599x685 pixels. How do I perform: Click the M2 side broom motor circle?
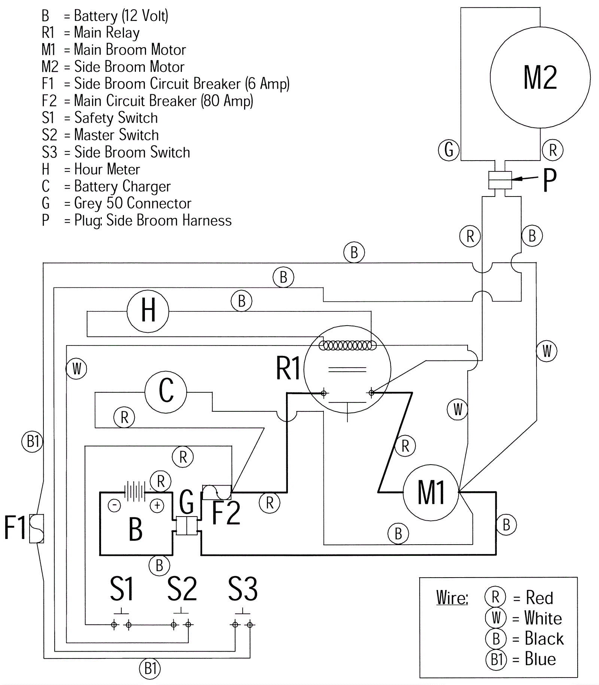(x=540, y=77)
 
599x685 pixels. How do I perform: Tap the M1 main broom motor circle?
(x=431, y=492)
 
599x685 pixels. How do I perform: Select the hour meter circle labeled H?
(x=148, y=311)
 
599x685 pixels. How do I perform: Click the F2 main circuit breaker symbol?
(x=217, y=492)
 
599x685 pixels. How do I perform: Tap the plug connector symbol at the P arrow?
(x=500, y=180)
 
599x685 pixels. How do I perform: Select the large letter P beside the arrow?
(x=550, y=180)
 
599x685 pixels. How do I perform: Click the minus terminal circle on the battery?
(x=114, y=506)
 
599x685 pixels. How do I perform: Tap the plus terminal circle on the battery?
(x=157, y=506)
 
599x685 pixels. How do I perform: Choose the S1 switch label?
(x=122, y=589)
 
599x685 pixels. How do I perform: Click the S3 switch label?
(x=243, y=589)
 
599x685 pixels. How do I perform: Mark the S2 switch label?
(x=182, y=589)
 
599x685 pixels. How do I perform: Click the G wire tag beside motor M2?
(x=449, y=150)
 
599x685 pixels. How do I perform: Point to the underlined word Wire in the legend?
(x=452, y=598)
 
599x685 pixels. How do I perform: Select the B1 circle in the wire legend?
(x=496, y=659)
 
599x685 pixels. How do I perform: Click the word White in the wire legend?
(x=543, y=618)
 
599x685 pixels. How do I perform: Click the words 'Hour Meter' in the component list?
(x=107, y=169)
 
